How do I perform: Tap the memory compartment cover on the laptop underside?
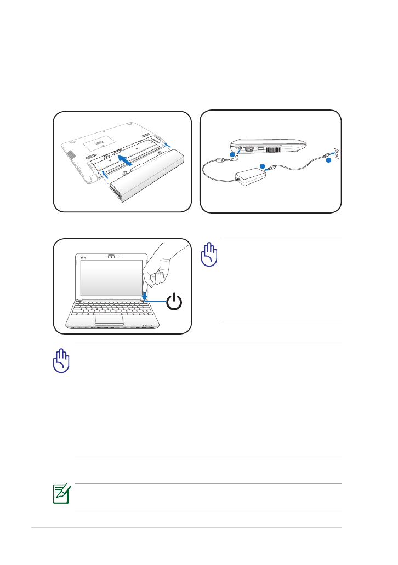pos(98,141)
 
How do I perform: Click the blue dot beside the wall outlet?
pos(328,160)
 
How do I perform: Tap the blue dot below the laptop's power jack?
pos(232,155)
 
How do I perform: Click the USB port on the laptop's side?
pos(261,147)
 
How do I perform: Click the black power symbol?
pos(173,302)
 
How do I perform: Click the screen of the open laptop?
pos(111,278)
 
